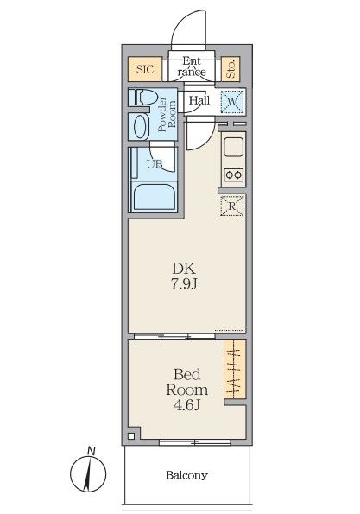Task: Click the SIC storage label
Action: pos(144,68)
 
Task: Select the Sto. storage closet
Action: pos(231,68)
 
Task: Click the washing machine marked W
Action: pos(231,102)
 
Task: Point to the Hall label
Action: pos(199,101)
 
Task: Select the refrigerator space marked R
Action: pos(232,206)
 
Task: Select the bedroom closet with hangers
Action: pos(235,372)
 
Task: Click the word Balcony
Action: pos(186,475)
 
